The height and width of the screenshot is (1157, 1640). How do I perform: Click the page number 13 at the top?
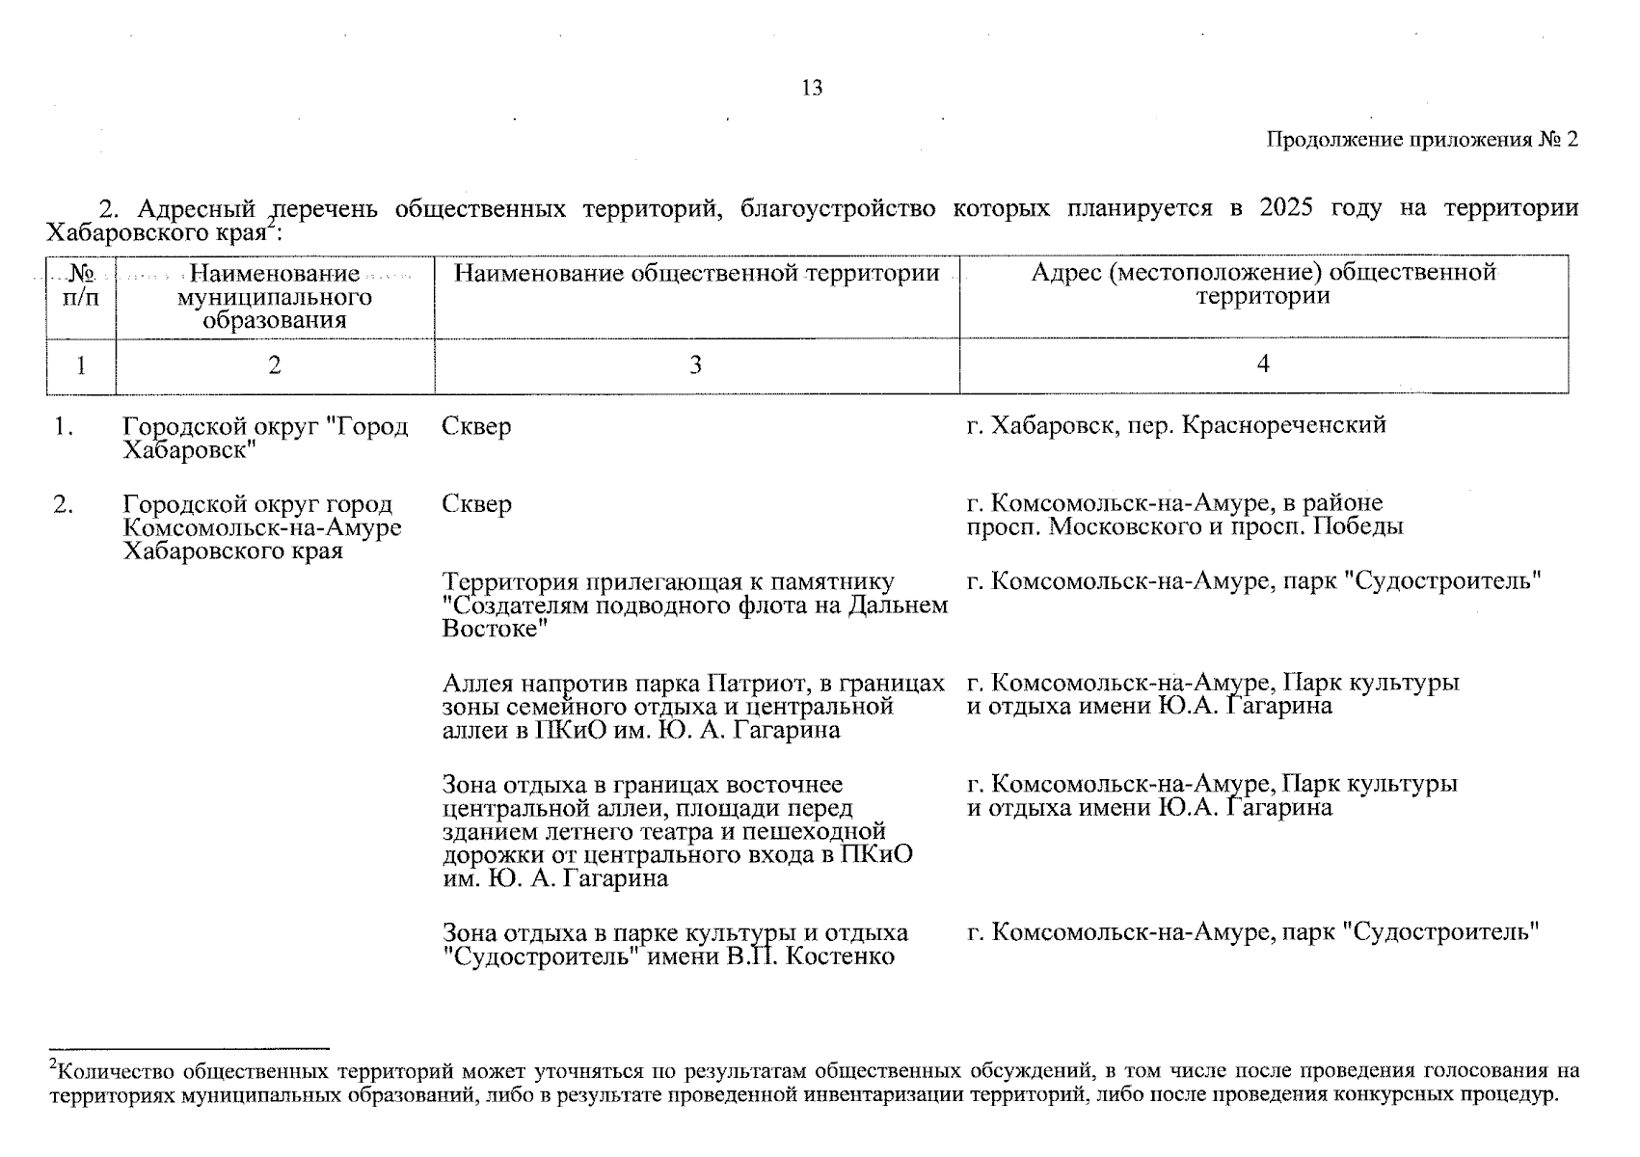(x=812, y=89)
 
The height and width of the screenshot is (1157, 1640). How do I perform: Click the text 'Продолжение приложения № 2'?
(x=1421, y=140)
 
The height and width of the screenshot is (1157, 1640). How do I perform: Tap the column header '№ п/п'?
(x=81, y=285)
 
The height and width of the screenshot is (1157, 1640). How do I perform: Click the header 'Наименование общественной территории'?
(x=696, y=274)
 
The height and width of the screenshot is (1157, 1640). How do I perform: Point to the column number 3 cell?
(x=695, y=365)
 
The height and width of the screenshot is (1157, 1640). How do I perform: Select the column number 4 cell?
(x=1262, y=363)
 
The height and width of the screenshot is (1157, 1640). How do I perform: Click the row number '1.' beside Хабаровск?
(x=64, y=426)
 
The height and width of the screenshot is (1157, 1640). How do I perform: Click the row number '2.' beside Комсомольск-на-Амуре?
(x=64, y=504)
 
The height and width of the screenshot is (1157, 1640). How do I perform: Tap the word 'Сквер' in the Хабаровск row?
(x=476, y=426)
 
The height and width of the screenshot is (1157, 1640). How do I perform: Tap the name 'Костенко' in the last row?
(x=840, y=956)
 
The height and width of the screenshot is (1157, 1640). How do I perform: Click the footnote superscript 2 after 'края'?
(x=272, y=226)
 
